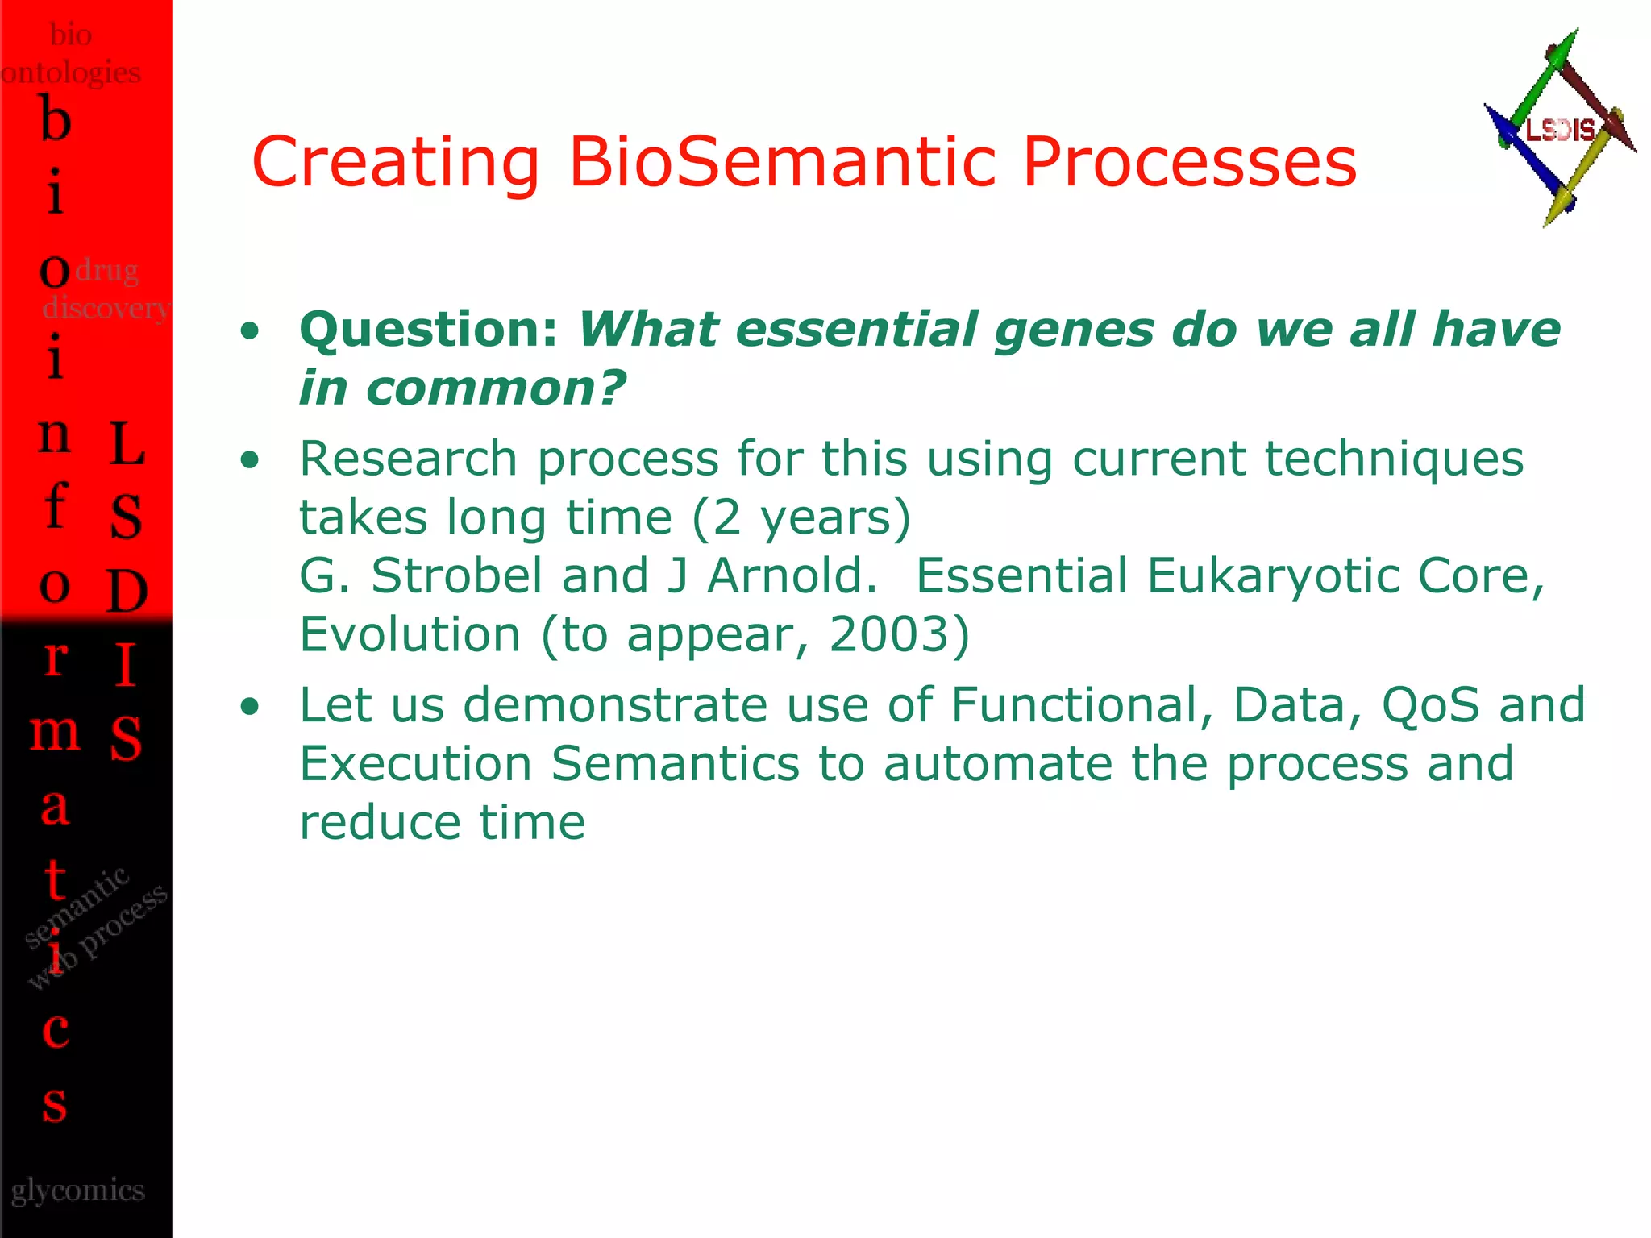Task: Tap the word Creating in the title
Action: click(x=395, y=164)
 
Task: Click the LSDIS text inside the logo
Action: click(x=1561, y=129)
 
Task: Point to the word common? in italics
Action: click(x=495, y=388)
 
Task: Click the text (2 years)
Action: click(x=801, y=517)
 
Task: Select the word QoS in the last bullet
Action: click(x=1431, y=704)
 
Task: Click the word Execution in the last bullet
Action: click(x=415, y=763)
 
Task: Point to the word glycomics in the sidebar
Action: click(x=78, y=1190)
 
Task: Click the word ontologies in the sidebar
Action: click(x=71, y=73)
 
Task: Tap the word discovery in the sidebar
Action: click(x=105, y=307)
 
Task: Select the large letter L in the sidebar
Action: click(x=127, y=443)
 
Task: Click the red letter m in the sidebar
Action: click(x=55, y=732)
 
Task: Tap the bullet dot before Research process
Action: click(x=251, y=459)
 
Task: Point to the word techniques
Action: click(x=1394, y=459)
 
